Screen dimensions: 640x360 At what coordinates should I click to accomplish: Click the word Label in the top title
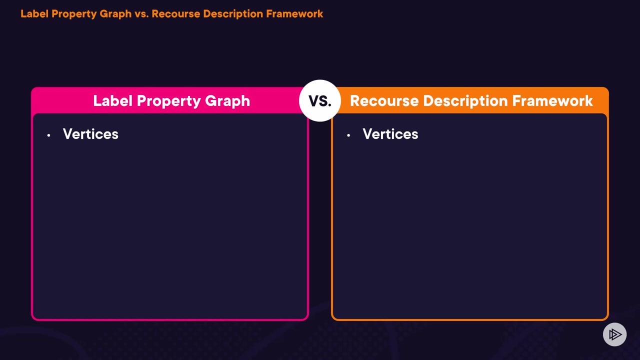[x=34, y=14]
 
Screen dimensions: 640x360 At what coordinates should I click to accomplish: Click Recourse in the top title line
[x=175, y=14]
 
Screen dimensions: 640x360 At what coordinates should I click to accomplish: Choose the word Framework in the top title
[x=294, y=14]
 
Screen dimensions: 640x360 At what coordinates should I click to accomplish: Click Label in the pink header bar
[x=113, y=101]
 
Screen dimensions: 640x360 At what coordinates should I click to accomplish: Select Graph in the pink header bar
[x=227, y=101]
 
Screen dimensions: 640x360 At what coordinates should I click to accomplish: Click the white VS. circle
[x=320, y=101]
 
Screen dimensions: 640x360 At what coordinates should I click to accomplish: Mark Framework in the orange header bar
[x=552, y=101]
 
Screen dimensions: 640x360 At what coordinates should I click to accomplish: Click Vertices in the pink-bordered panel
[x=90, y=134]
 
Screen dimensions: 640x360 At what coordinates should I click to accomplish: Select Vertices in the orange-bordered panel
[x=390, y=134]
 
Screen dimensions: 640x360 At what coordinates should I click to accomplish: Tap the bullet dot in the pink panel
[x=48, y=135]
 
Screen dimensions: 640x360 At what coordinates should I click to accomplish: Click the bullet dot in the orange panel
[x=348, y=135]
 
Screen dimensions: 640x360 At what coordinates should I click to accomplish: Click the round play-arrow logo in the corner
[x=614, y=334]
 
